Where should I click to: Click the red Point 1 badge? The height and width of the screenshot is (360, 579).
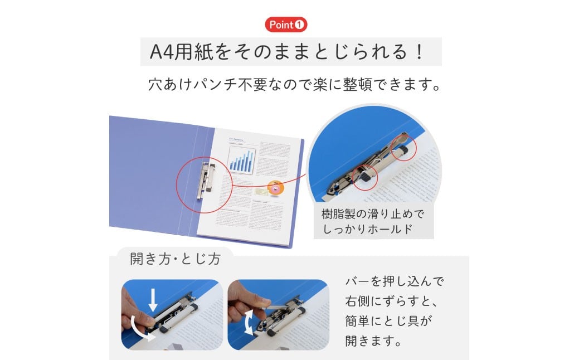pyautogui.click(x=286, y=25)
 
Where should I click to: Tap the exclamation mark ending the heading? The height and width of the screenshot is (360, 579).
pyautogui.click(x=419, y=52)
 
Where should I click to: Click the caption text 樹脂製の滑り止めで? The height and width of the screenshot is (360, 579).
pyautogui.click(x=373, y=214)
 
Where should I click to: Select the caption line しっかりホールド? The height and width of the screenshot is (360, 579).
pyautogui.click(x=367, y=229)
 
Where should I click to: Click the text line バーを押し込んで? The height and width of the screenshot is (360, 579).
pyautogui.click(x=395, y=281)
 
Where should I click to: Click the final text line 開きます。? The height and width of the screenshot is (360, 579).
pyautogui.click(x=374, y=340)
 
